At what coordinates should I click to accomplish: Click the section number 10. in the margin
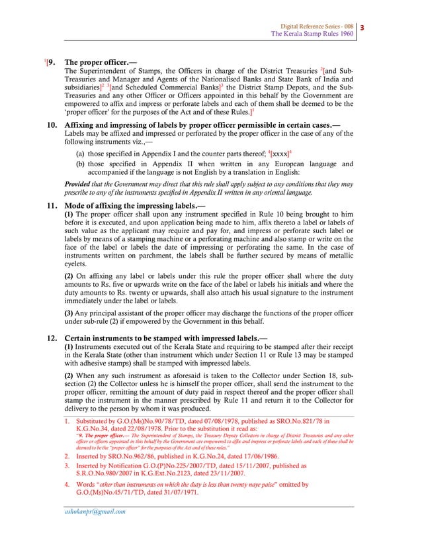point(51,124)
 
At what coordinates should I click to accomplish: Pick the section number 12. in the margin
point(51,338)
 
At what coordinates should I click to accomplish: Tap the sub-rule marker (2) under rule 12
point(69,375)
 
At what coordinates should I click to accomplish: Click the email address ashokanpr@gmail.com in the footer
point(95,511)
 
